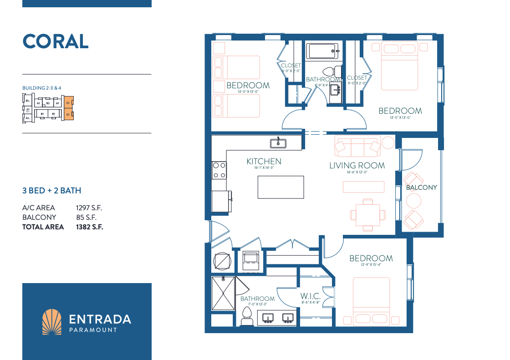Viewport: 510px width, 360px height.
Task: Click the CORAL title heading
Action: coord(56,41)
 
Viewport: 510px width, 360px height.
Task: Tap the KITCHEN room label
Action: coord(264,162)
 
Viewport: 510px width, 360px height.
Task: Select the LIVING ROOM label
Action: coord(357,166)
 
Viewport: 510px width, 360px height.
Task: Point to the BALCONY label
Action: coord(421,188)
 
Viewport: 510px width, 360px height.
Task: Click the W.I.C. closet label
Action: coord(311,296)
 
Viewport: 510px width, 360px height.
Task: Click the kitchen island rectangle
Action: coord(280,187)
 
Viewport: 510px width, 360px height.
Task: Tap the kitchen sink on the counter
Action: coord(278,143)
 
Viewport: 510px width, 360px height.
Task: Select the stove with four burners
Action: coord(219,170)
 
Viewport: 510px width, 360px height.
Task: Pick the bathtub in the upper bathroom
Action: coord(322,51)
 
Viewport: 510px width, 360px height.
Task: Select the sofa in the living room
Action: coord(357,146)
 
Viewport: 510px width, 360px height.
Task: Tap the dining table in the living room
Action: coord(367,214)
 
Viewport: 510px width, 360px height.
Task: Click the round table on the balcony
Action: coord(414,201)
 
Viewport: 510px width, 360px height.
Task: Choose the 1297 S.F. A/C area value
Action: coord(89,208)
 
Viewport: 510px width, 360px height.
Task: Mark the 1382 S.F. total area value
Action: coord(89,227)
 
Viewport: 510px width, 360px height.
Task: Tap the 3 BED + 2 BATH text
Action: coord(52,191)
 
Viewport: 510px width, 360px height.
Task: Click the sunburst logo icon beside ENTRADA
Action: coord(51,322)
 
